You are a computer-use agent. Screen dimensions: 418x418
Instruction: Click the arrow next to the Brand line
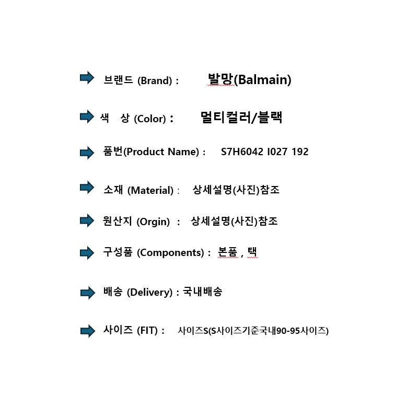pyautogui.click(x=87, y=78)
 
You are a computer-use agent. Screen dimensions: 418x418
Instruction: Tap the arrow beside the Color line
pyautogui.click(x=87, y=117)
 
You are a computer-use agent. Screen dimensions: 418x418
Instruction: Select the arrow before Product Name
pyautogui.click(x=87, y=153)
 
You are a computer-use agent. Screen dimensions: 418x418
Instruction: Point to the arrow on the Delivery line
pyautogui.click(x=87, y=293)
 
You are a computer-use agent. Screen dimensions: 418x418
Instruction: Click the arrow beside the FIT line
pyautogui.click(x=87, y=331)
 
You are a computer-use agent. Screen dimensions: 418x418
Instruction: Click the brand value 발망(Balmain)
pyautogui.click(x=250, y=79)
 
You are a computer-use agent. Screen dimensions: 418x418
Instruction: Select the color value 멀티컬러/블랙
pyautogui.click(x=241, y=117)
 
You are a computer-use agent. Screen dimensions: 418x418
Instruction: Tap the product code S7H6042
pyautogui.click(x=242, y=152)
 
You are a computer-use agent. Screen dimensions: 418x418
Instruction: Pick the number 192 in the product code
pyautogui.click(x=300, y=152)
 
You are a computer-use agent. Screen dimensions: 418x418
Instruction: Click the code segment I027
pyautogui.click(x=277, y=152)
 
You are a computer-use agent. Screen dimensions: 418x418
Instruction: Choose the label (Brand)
pyautogui.click(x=155, y=80)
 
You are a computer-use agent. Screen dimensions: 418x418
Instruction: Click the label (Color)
pyautogui.click(x=150, y=119)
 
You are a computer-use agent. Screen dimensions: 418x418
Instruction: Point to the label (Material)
pyautogui.click(x=150, y=190)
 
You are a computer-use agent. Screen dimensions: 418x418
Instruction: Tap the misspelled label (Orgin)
pyautogui.click(x=153, y=222)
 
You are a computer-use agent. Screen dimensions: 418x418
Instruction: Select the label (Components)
pyautogui.click(x=171, y=252)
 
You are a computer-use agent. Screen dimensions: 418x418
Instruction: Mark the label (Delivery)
pyautogui.click(x=150, y=293)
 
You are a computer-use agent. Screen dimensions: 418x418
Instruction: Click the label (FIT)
pyautogui.click(x=147, y=331)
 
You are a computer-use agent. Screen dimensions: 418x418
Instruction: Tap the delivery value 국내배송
pyautogui.click(x=203, y=292)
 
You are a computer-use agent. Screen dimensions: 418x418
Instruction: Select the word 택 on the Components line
pyautogui.click(x=252, y=252)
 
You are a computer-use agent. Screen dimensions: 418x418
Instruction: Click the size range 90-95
pyautogui.click(x=288, y=331)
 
